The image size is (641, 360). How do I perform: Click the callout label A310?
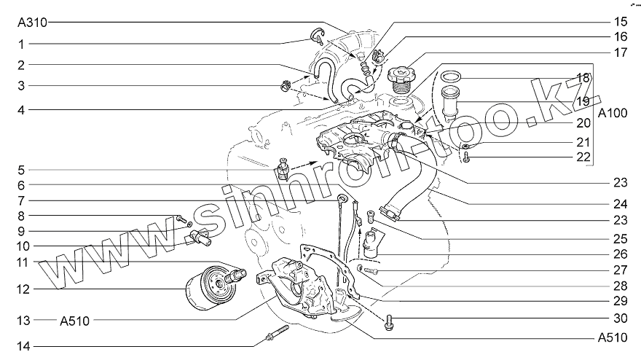coord(32,23)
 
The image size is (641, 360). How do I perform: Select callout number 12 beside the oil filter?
coord(23,289)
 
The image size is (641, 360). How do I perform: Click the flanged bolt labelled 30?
coord(389,323)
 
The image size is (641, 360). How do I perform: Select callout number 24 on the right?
coord(620,204)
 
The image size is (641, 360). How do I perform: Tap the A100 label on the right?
coord(612,112)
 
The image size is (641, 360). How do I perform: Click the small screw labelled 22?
coord(467,157)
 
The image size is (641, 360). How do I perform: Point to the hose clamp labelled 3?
coord(286,86)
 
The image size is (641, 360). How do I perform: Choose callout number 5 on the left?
coord(21,171)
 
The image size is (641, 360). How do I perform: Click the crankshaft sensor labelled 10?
coord(199,238)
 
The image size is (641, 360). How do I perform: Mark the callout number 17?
coord(620,52)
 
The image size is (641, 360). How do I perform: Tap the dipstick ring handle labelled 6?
coord(342,198)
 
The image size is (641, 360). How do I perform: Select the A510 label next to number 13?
coord(75,321)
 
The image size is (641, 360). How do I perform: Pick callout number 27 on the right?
coord(620,270)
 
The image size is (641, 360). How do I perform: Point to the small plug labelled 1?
coord(318,36)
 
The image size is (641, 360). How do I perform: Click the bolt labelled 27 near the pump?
coord(368,270)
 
